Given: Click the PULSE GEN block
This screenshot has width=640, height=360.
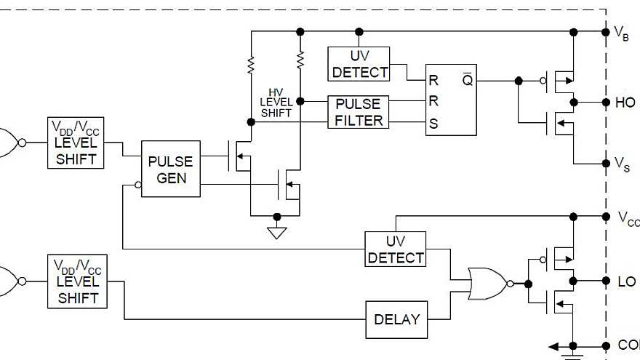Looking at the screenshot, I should (170, 169).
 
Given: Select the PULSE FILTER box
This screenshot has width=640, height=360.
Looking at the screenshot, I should (359, 113).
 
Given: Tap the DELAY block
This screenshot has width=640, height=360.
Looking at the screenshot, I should (396, 319).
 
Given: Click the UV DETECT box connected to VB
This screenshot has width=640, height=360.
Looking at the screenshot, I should (359, 64).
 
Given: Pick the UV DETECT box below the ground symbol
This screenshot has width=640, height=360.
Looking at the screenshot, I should (396, 249).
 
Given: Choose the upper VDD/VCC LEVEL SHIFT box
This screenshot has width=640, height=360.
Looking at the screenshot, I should (76, 143).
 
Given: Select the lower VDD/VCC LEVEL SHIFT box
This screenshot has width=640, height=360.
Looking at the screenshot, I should (76, 281).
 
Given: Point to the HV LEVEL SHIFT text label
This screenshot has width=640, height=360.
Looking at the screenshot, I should (276, 103).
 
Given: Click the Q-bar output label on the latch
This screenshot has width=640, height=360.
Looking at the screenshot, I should (466, 81).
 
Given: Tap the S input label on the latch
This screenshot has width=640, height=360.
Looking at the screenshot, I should (434, 124).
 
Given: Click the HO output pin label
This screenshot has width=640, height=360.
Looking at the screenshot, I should (625, 103).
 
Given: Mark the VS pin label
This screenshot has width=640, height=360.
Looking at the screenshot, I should (622, 164).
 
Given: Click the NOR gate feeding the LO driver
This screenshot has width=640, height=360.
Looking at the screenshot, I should (488, 283).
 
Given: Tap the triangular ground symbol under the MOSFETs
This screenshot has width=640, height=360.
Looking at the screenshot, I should (276, 233).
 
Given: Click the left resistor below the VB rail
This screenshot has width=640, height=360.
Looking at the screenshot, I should (251, 65).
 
